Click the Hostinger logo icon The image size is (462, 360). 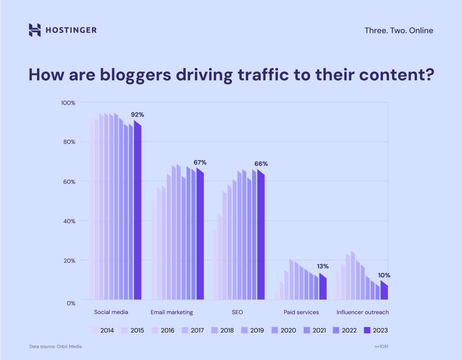[35, 30]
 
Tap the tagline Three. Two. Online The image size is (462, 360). [398, 31]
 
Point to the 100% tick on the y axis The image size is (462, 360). [68, 103]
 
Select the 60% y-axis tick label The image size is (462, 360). [69, 182]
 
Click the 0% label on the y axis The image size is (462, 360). [71, 303]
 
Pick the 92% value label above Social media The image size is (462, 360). [138, 115]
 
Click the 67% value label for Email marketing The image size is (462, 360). [200, 162]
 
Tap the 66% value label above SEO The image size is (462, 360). [261, 164]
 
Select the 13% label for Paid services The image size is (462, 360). [323, 266]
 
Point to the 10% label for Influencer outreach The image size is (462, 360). [384, 275]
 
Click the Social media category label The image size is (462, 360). [111, 312]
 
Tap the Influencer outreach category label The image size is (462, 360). [363, 312]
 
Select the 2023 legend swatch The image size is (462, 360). [367, 331]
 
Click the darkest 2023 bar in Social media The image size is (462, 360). [138, 212]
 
